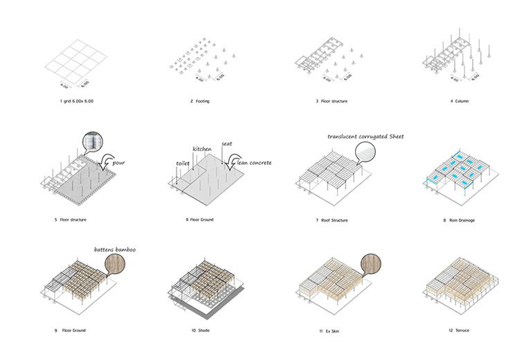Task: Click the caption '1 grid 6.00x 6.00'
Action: [x=77, y=102]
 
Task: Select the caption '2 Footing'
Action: [x=200, y=102]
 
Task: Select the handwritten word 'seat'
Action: [x=226, y=143]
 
